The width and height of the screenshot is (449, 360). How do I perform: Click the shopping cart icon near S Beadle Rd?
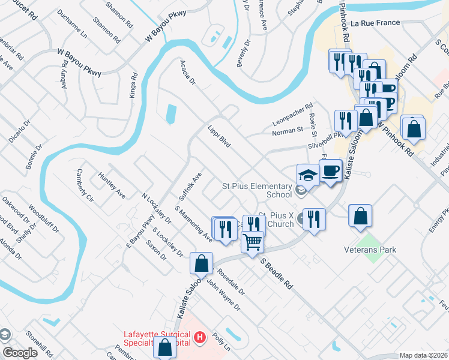[x=253, y=242]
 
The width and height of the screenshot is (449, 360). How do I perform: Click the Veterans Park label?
[x=370, y=249]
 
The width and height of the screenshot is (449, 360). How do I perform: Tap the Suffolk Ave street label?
[x=190, y=186]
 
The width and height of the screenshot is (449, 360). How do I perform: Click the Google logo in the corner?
[x=20, y=353]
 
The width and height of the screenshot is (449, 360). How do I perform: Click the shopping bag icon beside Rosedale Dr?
[x=201, y=263]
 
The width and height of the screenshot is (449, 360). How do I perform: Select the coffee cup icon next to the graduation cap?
[x=330, y=170]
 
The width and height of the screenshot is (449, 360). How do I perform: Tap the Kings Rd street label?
[x=133, y=86]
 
